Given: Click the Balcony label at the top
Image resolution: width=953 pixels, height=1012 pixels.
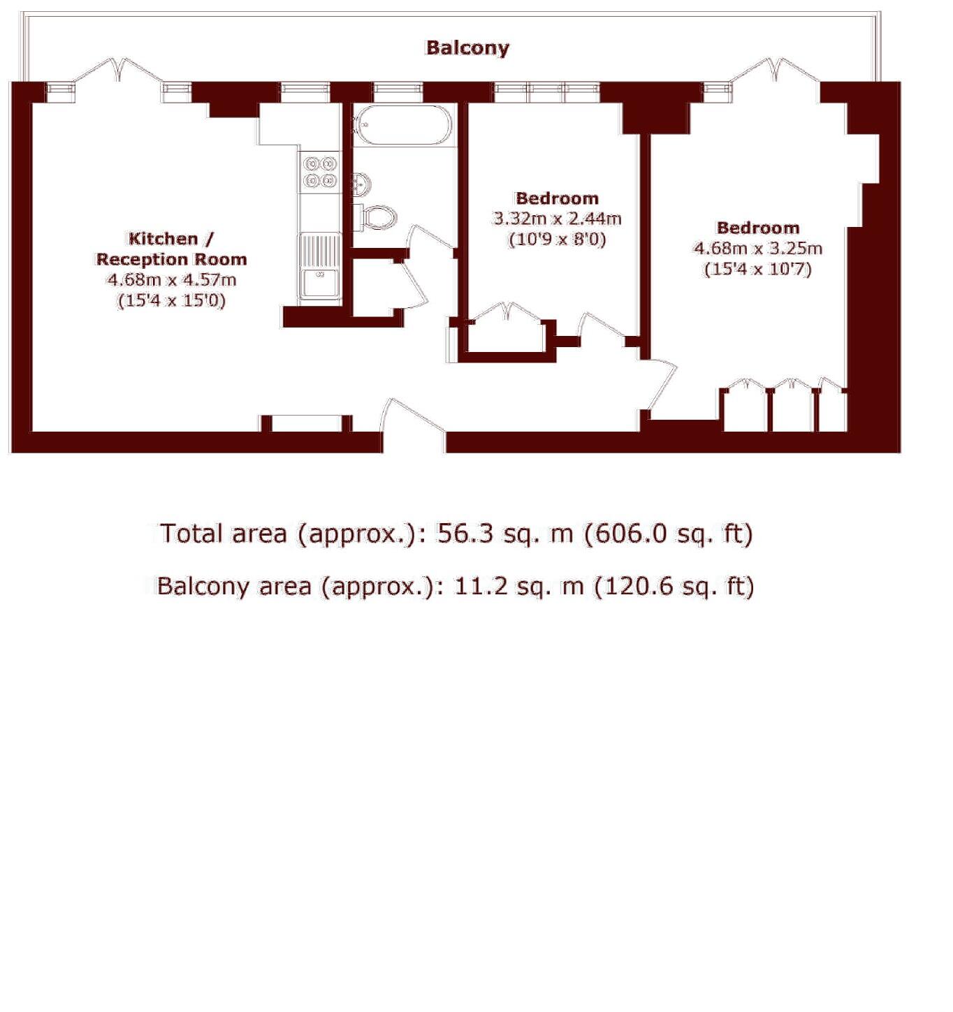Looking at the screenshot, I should click(x=467, y=47).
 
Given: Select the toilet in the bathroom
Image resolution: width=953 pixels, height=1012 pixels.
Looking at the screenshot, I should click(x=377, y=217).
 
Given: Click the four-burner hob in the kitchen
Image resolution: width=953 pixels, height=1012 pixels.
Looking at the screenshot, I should click(x=320, y=173).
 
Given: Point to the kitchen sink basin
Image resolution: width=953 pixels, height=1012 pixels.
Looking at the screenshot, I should click(x=319, y=284).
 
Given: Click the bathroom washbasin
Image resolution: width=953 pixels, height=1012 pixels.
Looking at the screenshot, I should click(x=361, y=184).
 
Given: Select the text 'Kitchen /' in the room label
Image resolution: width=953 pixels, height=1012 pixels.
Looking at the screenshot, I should click(x=170, y=239).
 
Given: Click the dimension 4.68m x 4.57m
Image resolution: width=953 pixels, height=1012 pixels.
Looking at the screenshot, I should click(x=170, y=280).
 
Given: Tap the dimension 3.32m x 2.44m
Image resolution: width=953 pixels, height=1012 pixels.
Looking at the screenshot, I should click(x=557, y=219).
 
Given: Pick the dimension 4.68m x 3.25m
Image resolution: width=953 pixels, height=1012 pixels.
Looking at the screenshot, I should click(x=757, y=248).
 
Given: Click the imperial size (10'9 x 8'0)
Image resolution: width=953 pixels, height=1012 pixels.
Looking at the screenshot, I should click(x=557, y=240).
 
